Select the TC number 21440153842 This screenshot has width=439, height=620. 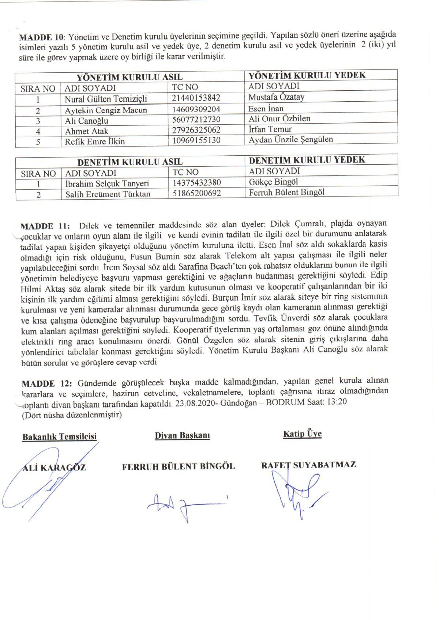(x=196, y=98)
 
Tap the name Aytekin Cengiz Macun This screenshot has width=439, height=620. (x=106, y=110)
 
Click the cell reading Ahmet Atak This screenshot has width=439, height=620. (x=86, y=131)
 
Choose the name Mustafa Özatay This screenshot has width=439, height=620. (x=276, y=97)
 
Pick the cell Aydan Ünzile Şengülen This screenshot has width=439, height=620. (x=291, y=139)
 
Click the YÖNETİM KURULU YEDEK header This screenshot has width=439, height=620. (x=307, y=75)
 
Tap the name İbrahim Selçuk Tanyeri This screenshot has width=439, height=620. (x=107, y=184)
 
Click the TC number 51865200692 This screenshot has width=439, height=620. (x=196, y=193)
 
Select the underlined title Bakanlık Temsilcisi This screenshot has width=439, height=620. (x=60, y=436)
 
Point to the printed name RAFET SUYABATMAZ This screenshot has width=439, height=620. (x=308, y=465)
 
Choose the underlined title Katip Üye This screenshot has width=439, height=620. (x=302, y=434)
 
